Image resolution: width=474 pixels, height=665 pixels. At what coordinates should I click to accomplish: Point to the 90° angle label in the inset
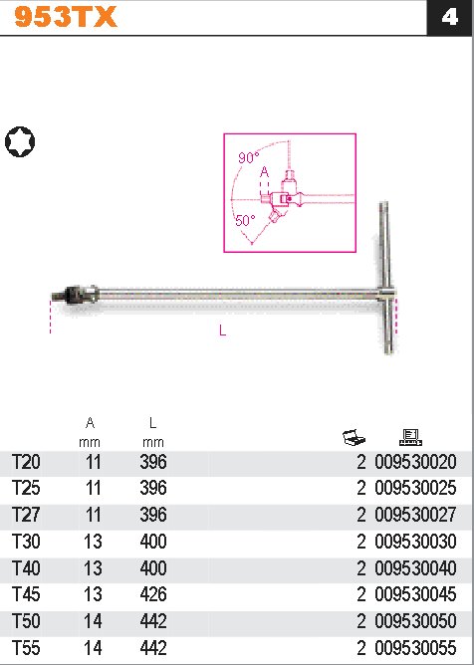click(248, 157)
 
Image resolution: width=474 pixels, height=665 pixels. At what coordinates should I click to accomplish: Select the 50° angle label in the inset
click(245, 220)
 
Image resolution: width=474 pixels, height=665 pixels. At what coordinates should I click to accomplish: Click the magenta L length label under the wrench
click(222, 332)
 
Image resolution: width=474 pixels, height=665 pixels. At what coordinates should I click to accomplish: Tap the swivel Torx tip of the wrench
click(60, 296)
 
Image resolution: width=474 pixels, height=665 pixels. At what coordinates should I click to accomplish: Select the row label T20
click(26, 462)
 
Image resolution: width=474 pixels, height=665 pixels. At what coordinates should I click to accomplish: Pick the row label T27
click(26, 515)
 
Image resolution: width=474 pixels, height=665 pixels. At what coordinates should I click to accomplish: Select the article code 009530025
click(414, 489)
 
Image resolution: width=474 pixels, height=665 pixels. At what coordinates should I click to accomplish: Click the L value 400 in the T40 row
click(153, 567)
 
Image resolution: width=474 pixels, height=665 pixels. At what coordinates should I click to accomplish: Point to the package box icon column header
click(353, 436)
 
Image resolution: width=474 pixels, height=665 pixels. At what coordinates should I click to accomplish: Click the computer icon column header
click(409, 436)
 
